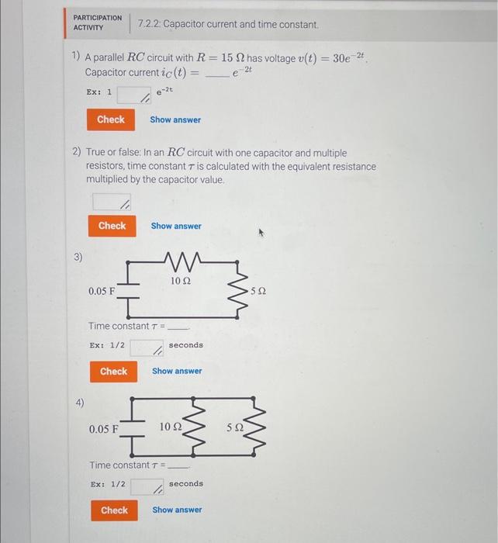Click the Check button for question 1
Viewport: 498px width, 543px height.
click(110, 119)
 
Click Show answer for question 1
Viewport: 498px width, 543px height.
click(175, 120)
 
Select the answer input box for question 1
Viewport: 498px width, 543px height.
click(133, 95)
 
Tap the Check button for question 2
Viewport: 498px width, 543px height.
click(112, 226)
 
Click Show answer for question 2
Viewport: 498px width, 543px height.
click(176, 227)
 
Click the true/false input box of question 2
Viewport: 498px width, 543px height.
click(112, 202)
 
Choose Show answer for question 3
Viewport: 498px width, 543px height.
click(177, 372)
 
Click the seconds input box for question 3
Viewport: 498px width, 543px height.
click(147, 348)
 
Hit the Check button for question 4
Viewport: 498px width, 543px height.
click(114, 510)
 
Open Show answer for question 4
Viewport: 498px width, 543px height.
click(177, 510)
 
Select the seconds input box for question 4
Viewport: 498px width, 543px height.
click(147, 486)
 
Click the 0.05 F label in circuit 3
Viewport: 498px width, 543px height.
click(102, 291)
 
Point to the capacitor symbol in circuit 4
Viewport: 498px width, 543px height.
click(134, 427)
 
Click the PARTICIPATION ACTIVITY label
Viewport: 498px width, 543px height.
click(97, 22)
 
